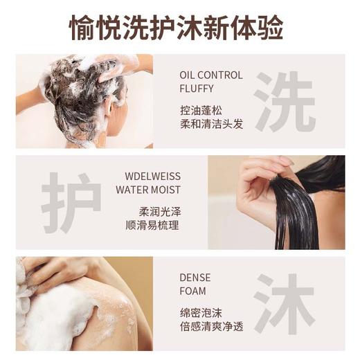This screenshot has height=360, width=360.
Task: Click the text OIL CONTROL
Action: [x=210, y=75]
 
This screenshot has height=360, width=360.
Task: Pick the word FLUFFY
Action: [x=195, y=89]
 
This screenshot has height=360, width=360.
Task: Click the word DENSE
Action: [x=195, y=278]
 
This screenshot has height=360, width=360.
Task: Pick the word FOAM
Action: [x=192, y=291]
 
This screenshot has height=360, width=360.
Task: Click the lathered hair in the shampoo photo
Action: [x=83, y=93]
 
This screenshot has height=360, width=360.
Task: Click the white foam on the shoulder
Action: [x=62, y=315]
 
